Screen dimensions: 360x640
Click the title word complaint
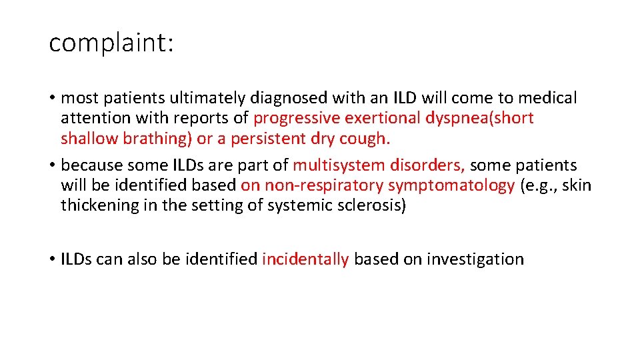(x=111, y=43)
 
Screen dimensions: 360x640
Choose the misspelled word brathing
(x=159, y=139)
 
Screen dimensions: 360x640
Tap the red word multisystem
(x=337, y=165)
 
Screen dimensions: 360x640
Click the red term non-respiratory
(x=323, y=185)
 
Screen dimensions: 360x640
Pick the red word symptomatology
(x=451, y=185)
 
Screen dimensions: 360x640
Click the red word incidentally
(x=305, y=259)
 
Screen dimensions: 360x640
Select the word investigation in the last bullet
(x=475, y=259)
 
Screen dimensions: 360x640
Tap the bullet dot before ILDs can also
(x=52, y=259)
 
